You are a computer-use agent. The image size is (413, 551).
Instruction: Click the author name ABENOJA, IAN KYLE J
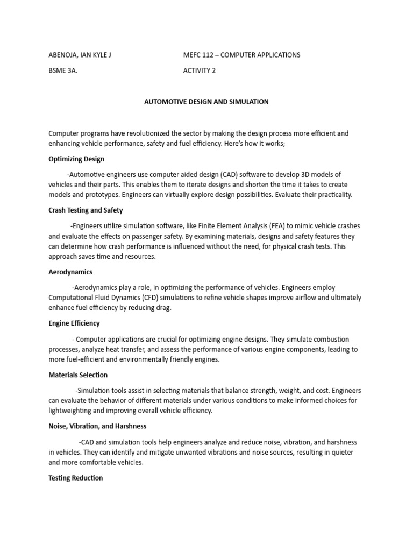pyautogui.click(x=80, y=55)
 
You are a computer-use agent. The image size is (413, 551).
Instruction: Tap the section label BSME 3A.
pyautogui.click(x=63, y=70)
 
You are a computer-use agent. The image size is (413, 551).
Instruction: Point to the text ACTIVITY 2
pyautogui.click(x=200, y=70)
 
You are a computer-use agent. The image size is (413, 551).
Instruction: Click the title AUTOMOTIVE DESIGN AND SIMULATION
pyautogui.click(x=206, y=101)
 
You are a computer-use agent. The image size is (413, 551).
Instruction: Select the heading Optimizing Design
pyautogui.click(x=76, y=159)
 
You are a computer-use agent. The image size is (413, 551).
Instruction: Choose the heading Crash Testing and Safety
pyautogui.click(x=86, y=210)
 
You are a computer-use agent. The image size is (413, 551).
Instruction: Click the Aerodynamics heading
pyautogui.click(x=70, y=272)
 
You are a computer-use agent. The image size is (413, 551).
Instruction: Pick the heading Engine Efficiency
pyautogui.click(x=74, y=323)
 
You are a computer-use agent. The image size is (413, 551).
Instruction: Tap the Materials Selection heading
pyautogui.click(x=78, y=375)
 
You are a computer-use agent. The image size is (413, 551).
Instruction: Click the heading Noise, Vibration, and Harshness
pyautogui.click(x=97, y=426)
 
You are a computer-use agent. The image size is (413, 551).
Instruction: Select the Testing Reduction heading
pyautogui.click(x=75, y=478)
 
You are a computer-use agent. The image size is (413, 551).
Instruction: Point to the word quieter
pyautogui.click(x=341, y=453)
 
